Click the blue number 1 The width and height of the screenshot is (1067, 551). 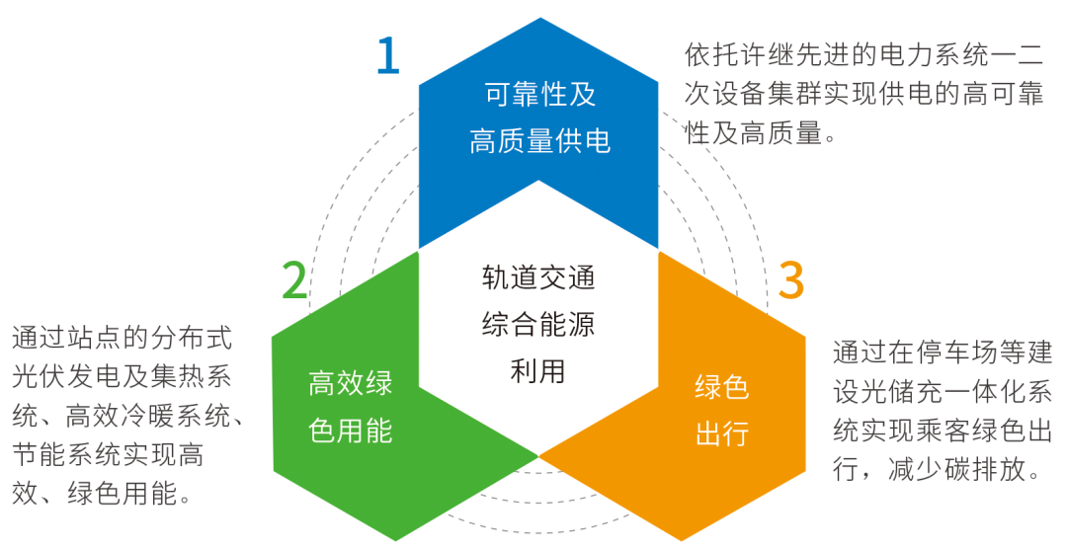387,56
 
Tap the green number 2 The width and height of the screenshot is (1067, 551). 294,280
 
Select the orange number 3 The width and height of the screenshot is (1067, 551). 791,280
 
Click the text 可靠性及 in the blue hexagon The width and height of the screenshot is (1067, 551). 539,96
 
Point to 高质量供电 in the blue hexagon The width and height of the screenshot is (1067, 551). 539,140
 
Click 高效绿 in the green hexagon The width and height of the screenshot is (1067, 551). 350,384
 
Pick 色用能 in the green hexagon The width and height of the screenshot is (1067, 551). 350,431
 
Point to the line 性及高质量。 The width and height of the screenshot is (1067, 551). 761,133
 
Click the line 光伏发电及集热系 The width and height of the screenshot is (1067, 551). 123,377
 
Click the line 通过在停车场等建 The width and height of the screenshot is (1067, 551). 943,353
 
